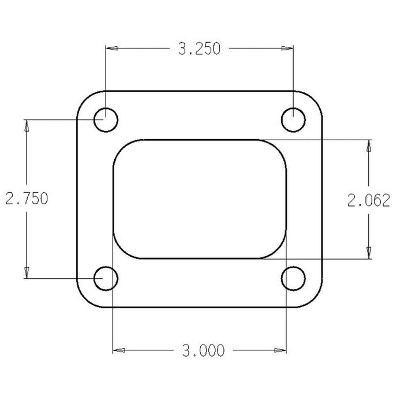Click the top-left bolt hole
106,121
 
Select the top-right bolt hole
294,121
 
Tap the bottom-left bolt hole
106,279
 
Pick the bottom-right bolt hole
294,279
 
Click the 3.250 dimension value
199,49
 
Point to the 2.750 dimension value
26,199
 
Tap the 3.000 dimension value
199,350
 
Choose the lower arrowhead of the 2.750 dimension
26,274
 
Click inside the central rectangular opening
200,199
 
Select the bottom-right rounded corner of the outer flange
315,300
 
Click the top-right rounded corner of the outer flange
315,99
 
